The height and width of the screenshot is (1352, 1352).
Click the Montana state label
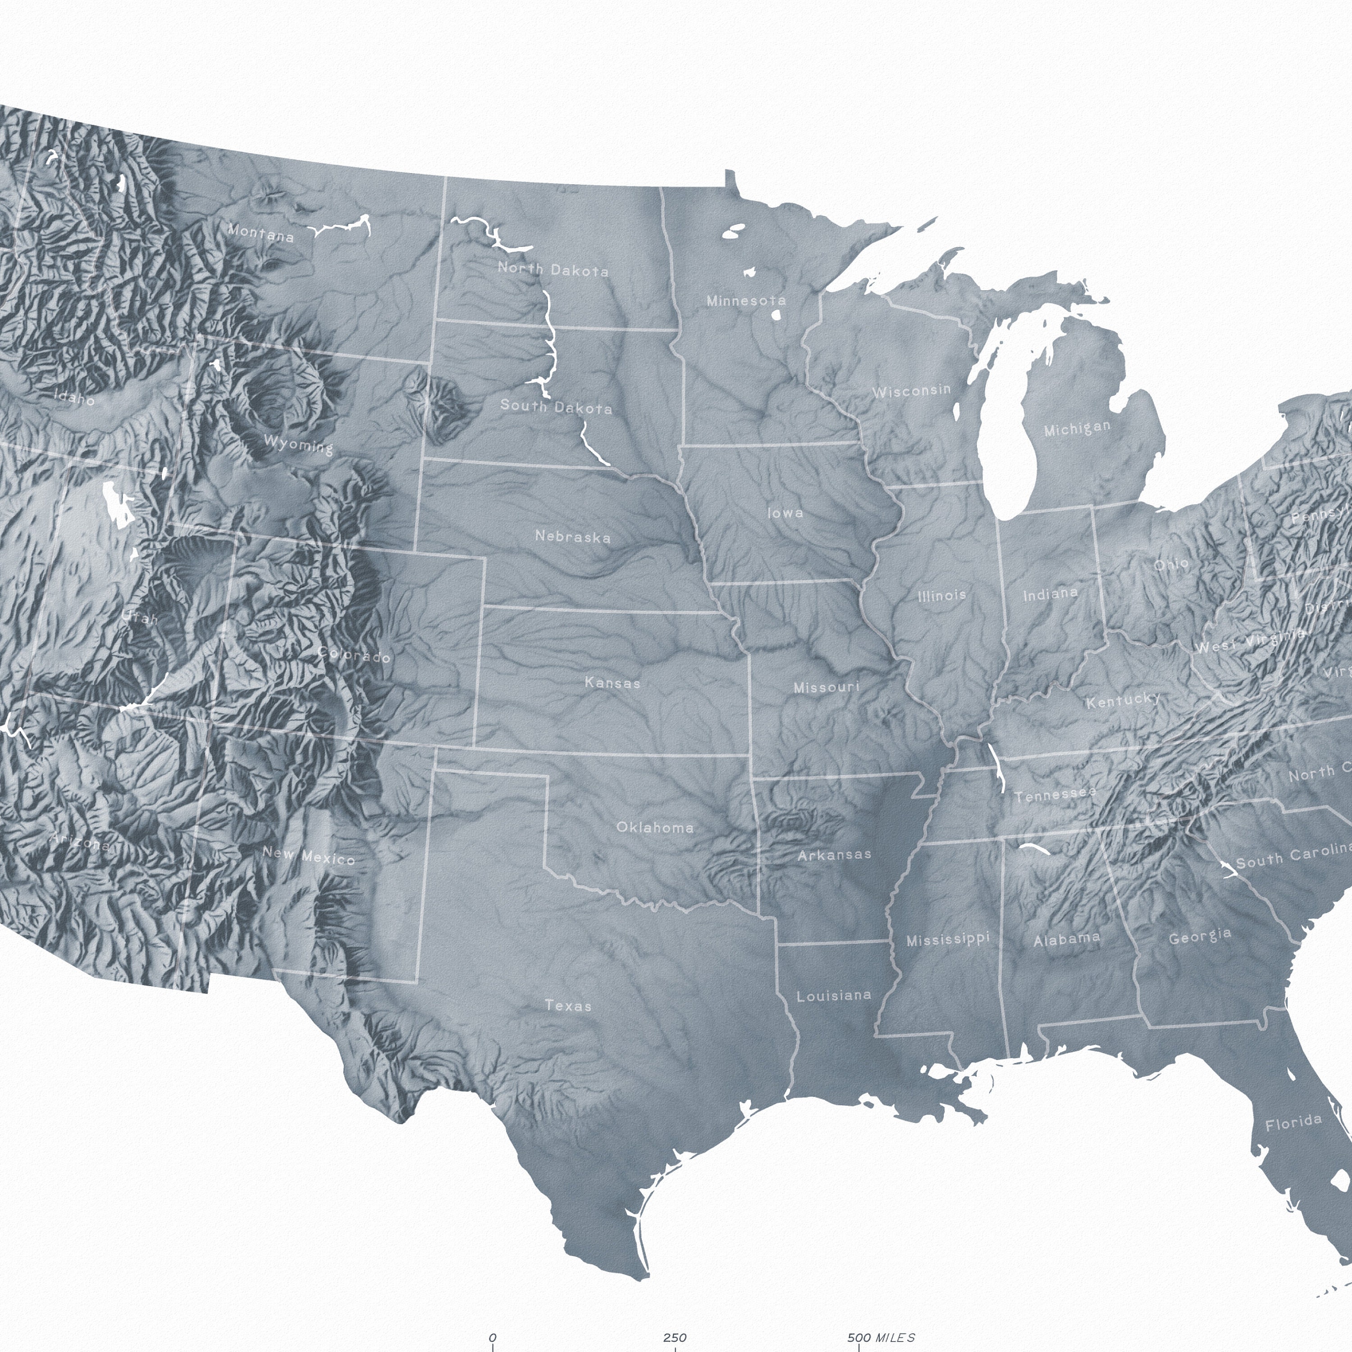pyautogui.click(x=261, y=233)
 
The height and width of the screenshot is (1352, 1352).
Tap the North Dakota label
pyautogui.click(x=553, y=270)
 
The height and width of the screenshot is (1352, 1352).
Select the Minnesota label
pyautogui.click(x=746, y=301)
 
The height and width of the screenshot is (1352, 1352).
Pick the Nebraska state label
pyautogui.click(x=572, y=537)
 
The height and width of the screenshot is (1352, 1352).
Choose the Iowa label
pyautogui.click(x=785, y=513)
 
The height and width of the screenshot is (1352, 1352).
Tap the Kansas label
pyautogui.click(x=612, y=682)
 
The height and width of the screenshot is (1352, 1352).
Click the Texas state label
pyautogui.click(x=568, y=1005)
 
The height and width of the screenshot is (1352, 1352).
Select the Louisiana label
pyautogui.click(x=834, y=995)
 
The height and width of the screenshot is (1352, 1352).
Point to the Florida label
pyautogui.click(x=1293, y=1123)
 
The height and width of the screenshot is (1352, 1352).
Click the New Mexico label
pyautogui.click(x=309, y=856)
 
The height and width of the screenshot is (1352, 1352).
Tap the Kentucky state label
pyautogui.click(x=1123, y=700)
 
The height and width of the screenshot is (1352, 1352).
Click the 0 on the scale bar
pyautogui.click(x=493, y=1337)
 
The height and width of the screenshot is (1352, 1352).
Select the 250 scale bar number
pyautogui.click(x=675, y=1337)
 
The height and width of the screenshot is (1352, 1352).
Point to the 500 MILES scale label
pyautogui.click(x=880, y=1337)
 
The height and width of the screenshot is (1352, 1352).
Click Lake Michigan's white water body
pyautogui.click(x=1008, y=448)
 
